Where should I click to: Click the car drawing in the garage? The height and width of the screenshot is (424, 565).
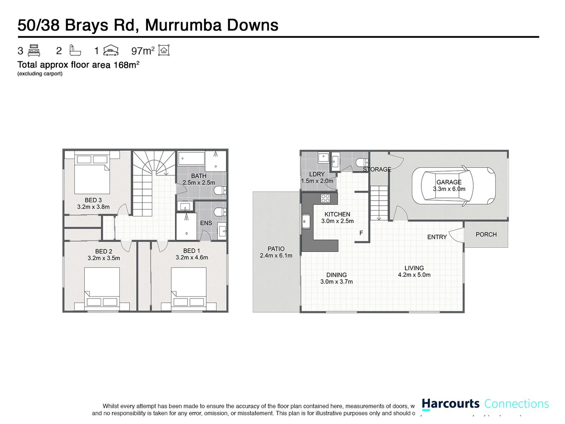[x=453, y=186]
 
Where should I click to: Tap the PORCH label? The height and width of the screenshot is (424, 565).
[x=486, y=234]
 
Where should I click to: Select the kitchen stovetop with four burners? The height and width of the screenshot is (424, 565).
[x=325, y=198]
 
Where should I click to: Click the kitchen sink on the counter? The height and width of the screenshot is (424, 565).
[x=306, y=221]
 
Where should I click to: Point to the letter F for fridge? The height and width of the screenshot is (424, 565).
[x=361, y=233]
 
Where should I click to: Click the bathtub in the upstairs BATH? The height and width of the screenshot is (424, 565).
[x=191, y=159]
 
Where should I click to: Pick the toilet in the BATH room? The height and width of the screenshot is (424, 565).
[x=220, y=191]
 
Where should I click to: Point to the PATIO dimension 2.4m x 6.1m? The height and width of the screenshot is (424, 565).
[x=276, y=256]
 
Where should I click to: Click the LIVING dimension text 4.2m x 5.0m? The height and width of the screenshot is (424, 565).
[x=414, y=275]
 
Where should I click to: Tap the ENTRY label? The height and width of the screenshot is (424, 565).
[x=437, y=237]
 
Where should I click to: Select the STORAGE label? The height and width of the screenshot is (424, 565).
[x=377, y=170]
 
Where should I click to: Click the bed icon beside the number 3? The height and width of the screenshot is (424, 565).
[x=34, y=51]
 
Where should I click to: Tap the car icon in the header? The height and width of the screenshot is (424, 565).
[x=111, y=50]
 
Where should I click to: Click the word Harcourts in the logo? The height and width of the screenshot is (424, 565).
[x=450, y=404]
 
